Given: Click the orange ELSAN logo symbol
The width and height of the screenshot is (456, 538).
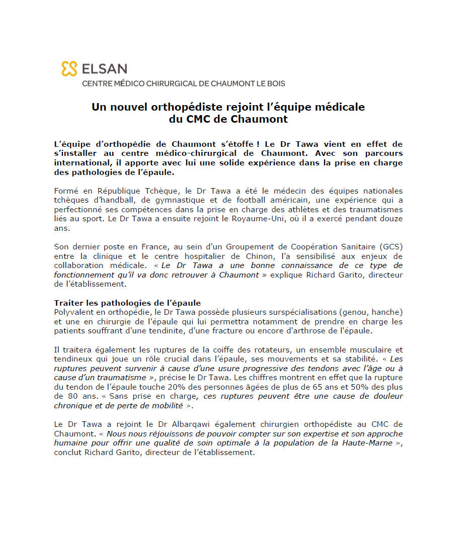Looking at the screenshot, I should (69, 69).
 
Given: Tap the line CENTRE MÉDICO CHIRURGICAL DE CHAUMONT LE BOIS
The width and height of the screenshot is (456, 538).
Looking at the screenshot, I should (183, 83).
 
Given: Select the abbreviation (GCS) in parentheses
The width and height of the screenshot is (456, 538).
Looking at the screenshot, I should (392, 246).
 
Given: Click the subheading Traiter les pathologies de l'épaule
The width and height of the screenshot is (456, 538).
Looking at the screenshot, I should (127, 303).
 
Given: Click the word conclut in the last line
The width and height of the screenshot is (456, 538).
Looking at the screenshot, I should (69, 452).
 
